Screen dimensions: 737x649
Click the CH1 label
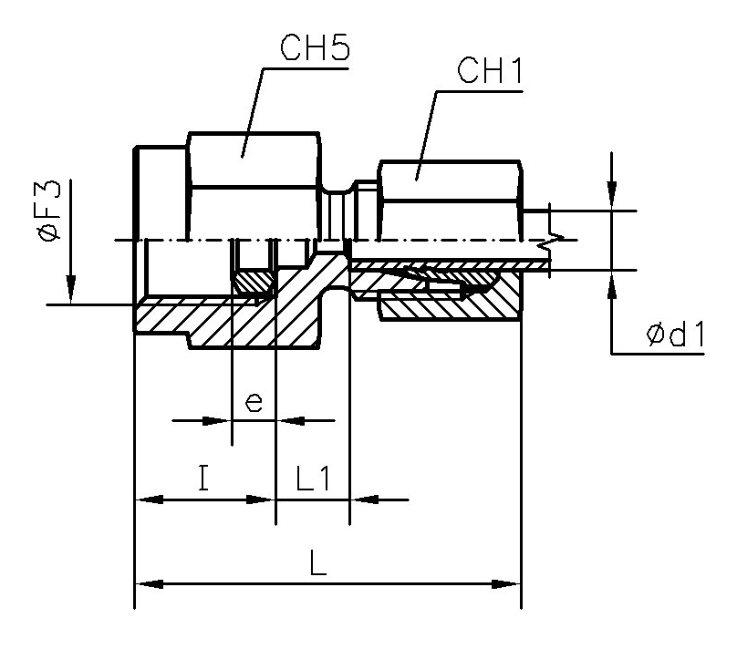(x=490, y=71)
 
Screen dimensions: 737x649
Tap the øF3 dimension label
(x=51, y=211)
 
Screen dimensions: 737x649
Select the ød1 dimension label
(x=675, y=335)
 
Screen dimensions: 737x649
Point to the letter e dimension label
(x=254, y=402)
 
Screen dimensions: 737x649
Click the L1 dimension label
(x=314, y=479)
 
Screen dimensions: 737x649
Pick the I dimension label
(x=203, y=478)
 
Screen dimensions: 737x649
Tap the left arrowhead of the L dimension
(x=149, y=584)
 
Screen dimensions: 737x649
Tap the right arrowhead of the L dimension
(x=507, y=584)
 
